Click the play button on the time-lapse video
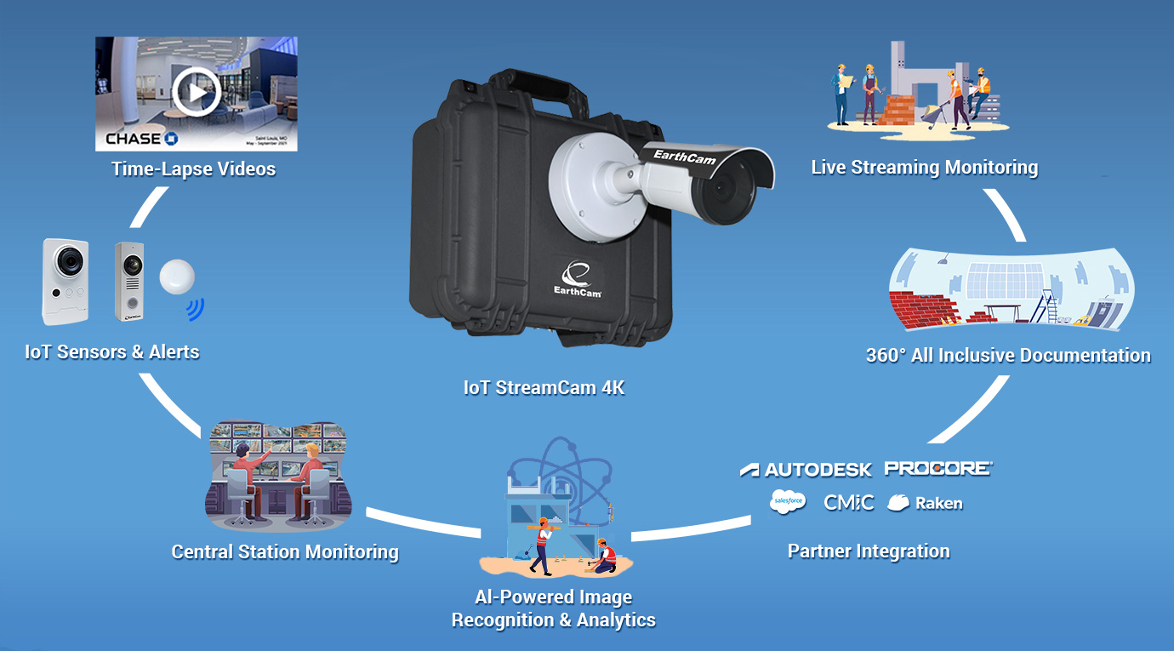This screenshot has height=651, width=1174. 197,91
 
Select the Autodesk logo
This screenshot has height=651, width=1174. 806,470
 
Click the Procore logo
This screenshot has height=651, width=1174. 937,468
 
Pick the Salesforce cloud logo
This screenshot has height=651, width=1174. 787,502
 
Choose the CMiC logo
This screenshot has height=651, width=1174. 848,502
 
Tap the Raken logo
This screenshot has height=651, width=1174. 925,503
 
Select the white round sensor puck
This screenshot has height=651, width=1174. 177,277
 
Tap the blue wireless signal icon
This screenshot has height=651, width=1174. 197,308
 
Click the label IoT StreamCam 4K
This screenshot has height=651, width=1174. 544,388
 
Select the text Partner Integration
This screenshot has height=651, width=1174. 868,551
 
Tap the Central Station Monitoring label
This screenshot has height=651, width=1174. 284,552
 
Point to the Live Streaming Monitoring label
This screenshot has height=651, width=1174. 924,168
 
